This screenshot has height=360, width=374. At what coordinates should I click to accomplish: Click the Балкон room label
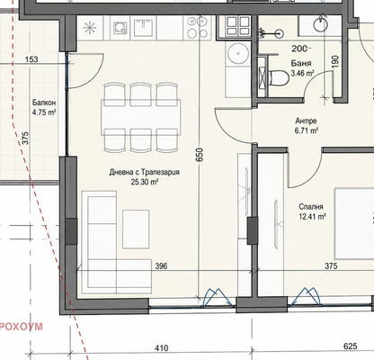(x=44, y=103)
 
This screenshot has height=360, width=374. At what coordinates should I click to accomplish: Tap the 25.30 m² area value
(x=145, y=182)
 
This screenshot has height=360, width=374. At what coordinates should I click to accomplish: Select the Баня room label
(x=301, y=63)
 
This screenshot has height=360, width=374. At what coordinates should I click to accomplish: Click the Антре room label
(x=306, y=121)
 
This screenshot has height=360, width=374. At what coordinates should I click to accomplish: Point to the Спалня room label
(x=311, y=207)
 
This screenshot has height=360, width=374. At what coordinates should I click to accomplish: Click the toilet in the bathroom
(x=279, y=78)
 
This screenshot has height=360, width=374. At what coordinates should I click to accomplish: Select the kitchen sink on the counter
(x=120, y=28)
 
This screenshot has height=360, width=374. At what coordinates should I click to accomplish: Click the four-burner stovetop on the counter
(x=198, y=27)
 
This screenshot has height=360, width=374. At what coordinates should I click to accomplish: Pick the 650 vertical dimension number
(x=200, y=155)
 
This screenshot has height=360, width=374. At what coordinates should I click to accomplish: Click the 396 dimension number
(x=161, y=265)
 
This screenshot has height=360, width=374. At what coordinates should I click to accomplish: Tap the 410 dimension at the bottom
(x=161, y=348)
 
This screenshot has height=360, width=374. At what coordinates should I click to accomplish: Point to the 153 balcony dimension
(x=31, y=59)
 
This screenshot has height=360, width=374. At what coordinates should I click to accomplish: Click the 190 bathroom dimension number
(x=335, y=61)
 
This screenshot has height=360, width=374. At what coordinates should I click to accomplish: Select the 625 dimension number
(x=351, y=346)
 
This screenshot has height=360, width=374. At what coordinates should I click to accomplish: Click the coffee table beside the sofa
(x=136, y=229)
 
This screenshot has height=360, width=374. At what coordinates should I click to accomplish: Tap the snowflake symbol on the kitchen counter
(x=90, y=28)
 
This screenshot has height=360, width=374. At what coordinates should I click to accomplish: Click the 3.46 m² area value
(x=303, y=73)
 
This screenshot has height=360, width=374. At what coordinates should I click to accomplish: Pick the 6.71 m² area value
(x=307, y=130)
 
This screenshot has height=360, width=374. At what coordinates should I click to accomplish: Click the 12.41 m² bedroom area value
(x=312, y=216)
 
